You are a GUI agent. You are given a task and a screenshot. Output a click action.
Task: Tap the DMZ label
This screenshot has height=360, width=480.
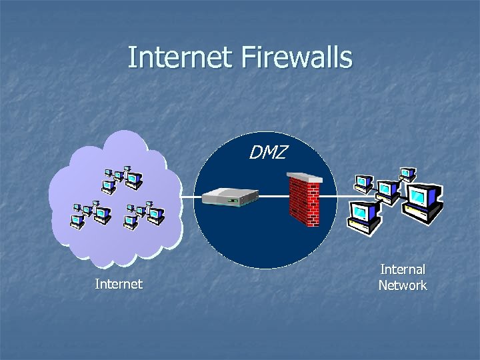[x=268, y=153]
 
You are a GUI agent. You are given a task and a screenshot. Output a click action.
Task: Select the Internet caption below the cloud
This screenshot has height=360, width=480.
[x=119, y=285]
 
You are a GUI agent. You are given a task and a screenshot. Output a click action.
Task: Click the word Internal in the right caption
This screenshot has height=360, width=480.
[x=403, y=269]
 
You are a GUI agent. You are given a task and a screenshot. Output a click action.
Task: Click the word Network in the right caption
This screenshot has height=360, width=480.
[x=403, y=285]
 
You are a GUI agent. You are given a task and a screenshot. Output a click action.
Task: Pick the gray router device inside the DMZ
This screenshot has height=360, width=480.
[x=231, y=197]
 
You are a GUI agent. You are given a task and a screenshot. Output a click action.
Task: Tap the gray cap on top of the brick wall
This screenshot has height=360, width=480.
[x=304, y=177]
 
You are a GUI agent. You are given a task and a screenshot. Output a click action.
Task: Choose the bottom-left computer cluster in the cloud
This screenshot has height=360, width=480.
[x=90, y=213]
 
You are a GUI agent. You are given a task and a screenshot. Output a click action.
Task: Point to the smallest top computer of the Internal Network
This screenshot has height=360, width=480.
[x=407, y=175]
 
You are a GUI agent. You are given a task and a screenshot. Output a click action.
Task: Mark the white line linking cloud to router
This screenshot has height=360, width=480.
[x=191, y=197]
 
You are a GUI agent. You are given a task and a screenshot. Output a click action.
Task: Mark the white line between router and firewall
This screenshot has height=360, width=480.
[x=273, y=197]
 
